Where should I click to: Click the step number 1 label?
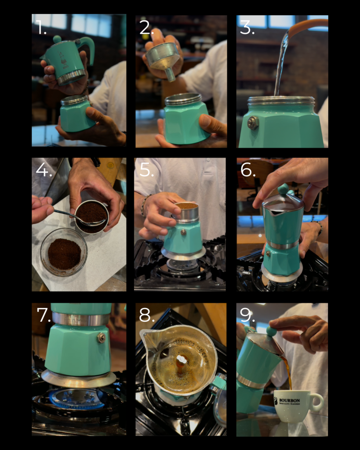[x=41, y=27]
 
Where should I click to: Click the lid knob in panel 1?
[x=57, y=39]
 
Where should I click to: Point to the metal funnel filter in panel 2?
[x=164, y=58]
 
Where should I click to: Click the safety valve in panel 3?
[x=253, y=123]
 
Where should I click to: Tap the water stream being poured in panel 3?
[x=281, y=66]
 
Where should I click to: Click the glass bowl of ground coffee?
[x=64, y=252]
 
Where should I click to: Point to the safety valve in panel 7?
[x=102, y=337]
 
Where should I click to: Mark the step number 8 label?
[x=147, y=315]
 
